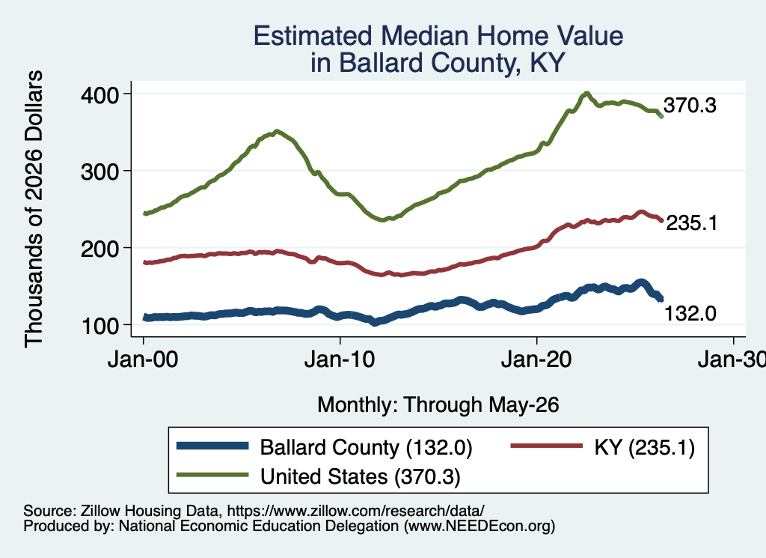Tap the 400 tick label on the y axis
(100, 95)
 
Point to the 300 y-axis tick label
(100, 172)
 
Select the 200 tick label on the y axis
(100, 249)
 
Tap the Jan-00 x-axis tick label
(143, 360)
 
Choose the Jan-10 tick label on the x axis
(340, 360)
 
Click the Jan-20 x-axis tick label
(536, 360)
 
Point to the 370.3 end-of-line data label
(690, 106)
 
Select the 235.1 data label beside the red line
(692, 223)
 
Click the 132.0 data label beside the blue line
(690, 314)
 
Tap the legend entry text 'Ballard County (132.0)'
(366, 448)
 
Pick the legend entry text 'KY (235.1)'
(644, 447)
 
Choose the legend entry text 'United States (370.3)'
(361, 477)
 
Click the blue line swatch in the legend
(212, 446)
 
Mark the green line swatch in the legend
(212, 475)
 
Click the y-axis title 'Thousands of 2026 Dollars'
(34, 209)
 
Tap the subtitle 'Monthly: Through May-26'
(438, 405)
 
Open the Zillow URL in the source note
(355, 511)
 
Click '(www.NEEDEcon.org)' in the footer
(479, 527)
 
